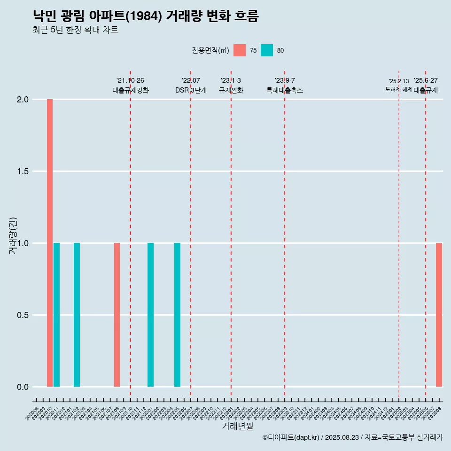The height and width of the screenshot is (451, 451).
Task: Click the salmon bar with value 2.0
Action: pos(50,243)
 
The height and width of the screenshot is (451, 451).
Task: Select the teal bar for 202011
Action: pos(56,315)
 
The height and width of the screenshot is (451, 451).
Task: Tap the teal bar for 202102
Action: pos(77,315)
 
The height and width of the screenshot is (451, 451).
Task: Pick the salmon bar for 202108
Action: pos(117,315)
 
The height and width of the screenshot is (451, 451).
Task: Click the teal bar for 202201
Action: pos(150,315)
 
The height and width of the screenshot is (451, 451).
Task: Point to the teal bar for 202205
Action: pos(177,315)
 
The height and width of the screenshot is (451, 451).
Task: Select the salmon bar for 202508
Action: pos(439,315)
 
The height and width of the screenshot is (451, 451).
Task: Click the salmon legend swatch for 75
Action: pos(240,50)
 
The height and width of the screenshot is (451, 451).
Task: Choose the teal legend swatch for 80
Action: pos(266,50)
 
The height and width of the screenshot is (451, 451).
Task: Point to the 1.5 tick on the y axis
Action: pos(23,171)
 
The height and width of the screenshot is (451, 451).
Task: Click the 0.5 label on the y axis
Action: pos(23,315)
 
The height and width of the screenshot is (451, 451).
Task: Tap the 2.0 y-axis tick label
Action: pos(23,100)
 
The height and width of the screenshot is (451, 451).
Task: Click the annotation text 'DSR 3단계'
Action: pos(191,90)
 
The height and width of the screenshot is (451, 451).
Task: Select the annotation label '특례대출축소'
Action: pos(285,90)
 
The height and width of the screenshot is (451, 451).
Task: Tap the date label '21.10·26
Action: pos(130,81)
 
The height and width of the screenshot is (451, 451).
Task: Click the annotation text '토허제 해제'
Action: pos(398,89)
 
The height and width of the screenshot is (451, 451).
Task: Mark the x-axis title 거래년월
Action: pos(237,427)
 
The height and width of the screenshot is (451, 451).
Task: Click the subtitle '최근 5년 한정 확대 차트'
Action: pos(75,30)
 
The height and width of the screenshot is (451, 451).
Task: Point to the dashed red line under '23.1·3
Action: pos(231,235)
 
